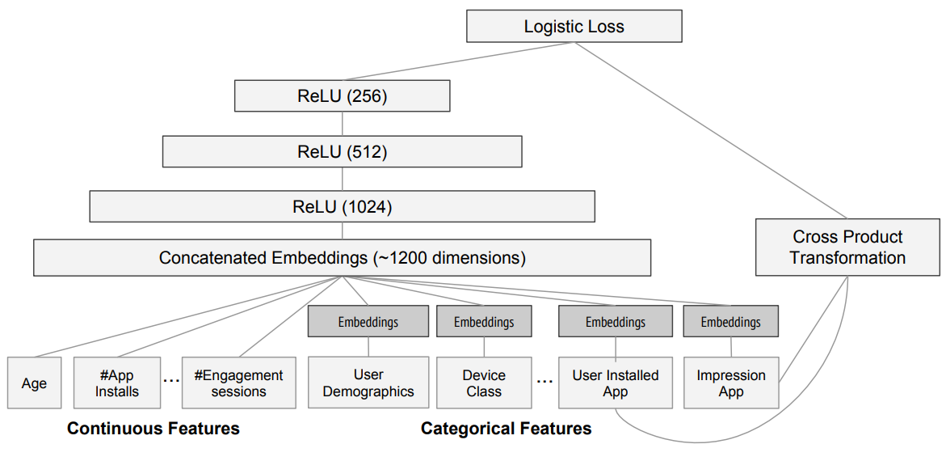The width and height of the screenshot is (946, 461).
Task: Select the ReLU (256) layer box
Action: [342, 96]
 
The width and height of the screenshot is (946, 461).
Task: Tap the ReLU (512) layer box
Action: [342, 151]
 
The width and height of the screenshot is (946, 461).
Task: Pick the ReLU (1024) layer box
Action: [342, 206]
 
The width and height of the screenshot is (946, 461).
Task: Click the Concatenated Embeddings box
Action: [342, 258]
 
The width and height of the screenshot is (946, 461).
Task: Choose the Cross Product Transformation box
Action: [847, 247]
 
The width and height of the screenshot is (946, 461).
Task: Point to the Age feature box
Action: [35, 383]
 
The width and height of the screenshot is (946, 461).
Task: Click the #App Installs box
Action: [117, 383]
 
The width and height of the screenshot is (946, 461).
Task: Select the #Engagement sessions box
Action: [239, 383]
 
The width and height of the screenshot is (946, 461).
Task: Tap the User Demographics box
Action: [368, 383]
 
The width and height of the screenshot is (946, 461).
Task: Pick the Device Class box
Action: [484, 383]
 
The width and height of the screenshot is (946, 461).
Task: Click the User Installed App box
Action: [616, 383]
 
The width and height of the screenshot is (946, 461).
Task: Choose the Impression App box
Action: [730, 383]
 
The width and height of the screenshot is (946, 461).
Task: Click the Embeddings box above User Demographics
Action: [368, 321]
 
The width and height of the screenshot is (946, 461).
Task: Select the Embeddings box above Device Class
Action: [484, 321]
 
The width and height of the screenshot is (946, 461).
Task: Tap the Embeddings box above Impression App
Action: [730, 321]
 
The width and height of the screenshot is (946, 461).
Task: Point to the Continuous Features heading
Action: [153, 429]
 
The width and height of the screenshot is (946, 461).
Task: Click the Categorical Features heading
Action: [507, 429]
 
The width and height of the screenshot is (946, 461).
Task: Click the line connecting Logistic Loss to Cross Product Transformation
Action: [711, 130]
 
